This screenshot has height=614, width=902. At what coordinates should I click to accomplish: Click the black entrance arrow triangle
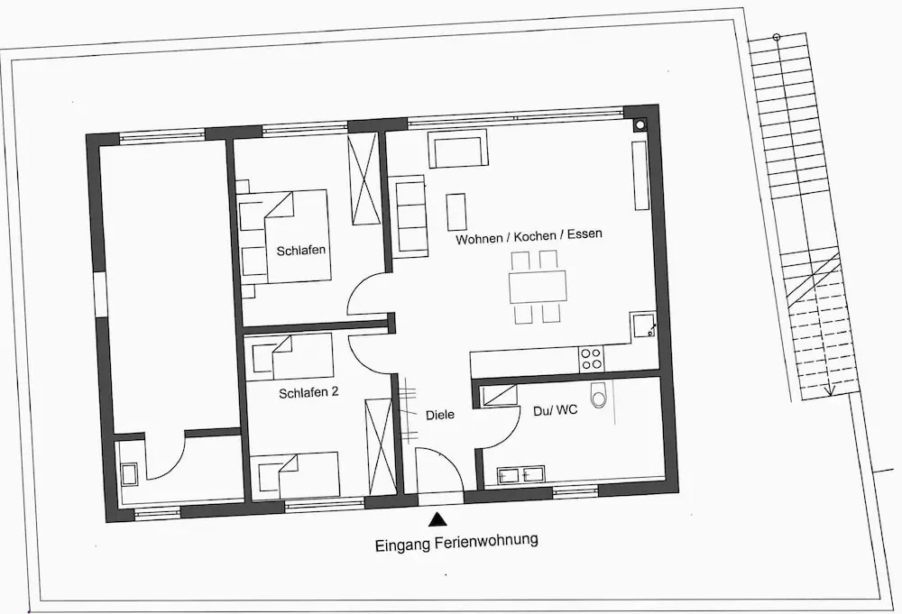pyautogui.click(x=438, y=519)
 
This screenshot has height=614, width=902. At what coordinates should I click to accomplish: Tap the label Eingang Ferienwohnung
pyautogui.click(x=456, y=542)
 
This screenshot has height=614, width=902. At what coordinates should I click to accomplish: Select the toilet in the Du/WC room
pyautogui.click(x=599, y=394)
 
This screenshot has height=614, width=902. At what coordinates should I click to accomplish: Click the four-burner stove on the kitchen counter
pyautogui.click(x=592, y=359)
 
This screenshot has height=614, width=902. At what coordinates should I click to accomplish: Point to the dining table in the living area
pyautogui.click(x=538, y=287)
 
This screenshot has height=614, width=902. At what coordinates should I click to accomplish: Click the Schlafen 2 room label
pyautogui.click(x=308, y=393)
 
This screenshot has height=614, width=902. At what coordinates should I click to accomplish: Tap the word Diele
pyautogui.click(x=440, y=415)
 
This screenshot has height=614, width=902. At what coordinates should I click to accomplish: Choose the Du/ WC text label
pyautogui.click(x=555, y=410)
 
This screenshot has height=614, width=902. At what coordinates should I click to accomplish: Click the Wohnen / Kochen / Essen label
pyautogui.click(x=529, y=236)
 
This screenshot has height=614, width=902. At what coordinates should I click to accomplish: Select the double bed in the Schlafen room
pyautogui.click(x=297, y=235)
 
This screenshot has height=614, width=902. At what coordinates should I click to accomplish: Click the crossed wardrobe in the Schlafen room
pyautogui.click(x=364, y=179)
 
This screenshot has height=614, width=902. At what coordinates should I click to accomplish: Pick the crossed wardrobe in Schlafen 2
pyautogui.click(x=380, y=446)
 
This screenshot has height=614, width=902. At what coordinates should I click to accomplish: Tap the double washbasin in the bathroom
pyautogui.click(x=520, y=474)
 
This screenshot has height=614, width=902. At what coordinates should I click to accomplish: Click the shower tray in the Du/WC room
pyautogui.click(x=498, y=396)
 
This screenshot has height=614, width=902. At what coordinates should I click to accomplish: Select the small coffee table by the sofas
pyautogui.click(x=456, y=212)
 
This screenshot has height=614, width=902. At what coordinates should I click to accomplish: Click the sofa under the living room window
pyautogui.click(x=458, y=149)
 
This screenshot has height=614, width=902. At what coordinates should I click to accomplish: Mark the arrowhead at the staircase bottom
pyautogui.click(x=829, y=390)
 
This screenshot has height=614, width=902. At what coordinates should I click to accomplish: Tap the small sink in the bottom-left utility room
pyautogui.click(x=129, y=475)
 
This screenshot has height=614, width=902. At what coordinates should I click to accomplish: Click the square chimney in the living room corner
pyautogui.click(x=640, y=124)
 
